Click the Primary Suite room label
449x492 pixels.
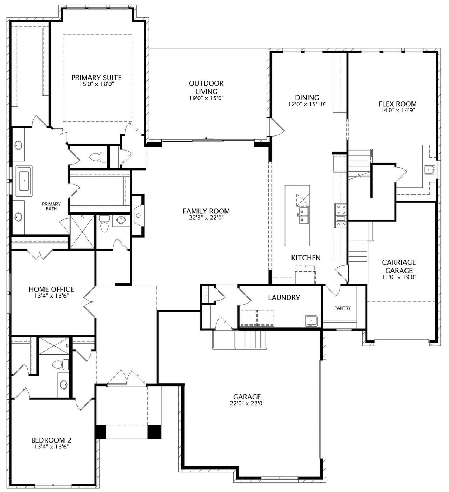coord(96,78)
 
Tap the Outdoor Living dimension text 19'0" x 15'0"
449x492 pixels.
coord(206,98)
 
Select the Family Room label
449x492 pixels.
coord(206,211)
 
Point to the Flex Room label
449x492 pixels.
coord(397,104)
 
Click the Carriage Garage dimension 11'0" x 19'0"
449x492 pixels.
coord(399,277)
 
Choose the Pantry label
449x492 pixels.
coord(343,308)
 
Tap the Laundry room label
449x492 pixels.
coord(284,298)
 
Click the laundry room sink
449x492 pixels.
coord(311,321)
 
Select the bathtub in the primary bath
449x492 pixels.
coord(24,181)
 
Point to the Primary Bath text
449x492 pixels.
coord(51,206)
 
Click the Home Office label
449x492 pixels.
coord(51,289)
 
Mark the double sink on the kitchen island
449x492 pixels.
coord(303,216)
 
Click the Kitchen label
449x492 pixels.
coord(306,258)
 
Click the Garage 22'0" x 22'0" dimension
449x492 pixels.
coord(247,403)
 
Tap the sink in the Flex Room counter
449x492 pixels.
coord(430,169)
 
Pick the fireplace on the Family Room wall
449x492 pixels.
coord(138,215)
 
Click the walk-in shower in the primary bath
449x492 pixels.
coord(82,232)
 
